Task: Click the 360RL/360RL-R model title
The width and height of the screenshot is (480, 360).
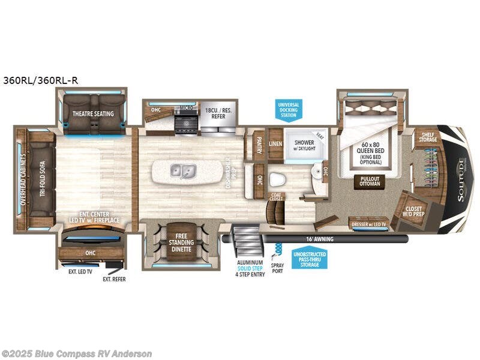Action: pyautogui.click(x=42, y=79)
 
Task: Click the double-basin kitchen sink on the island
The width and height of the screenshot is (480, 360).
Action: pyautogui.click(x=185, y=172)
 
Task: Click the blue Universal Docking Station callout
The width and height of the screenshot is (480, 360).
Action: pyautogui.click(x=288, y=109)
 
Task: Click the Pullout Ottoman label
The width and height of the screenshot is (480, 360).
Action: pyautogui.click(x=370, y=181)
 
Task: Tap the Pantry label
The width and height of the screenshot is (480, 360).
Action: pyautogui.click(x=259, y=145)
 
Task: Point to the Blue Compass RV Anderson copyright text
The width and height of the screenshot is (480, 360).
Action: pyautogui.click(x=77, y=353)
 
